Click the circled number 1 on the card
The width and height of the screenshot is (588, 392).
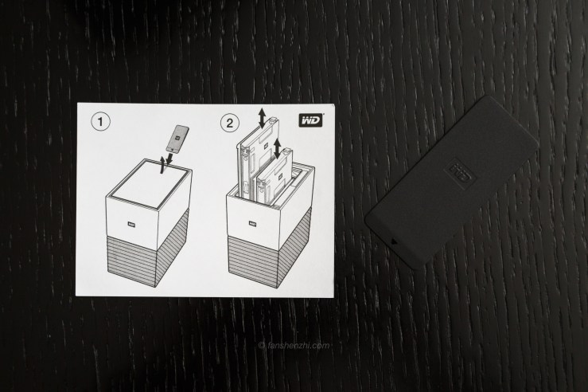[100, 122]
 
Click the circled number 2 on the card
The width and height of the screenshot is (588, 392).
[229, 123]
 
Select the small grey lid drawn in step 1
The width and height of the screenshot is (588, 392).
[177, 138]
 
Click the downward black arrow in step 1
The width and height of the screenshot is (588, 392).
[170, 157]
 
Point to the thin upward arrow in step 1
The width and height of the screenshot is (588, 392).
[162, 166]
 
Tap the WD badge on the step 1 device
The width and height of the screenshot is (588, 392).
[131, 224]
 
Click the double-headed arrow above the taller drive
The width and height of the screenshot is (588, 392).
[262, 117]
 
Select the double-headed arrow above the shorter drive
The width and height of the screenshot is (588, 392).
[278, 147]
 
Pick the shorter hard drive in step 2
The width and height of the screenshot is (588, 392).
[274, 176]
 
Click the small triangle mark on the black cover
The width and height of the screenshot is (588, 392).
[393, 241]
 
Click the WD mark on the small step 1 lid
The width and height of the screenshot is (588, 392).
[177, 138]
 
